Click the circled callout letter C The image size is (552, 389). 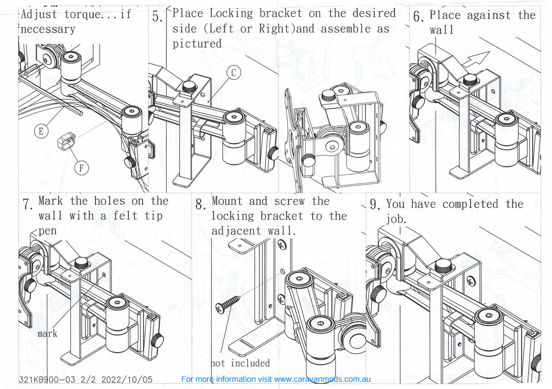click(234, 72)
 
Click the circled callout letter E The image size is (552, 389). click(41, 131)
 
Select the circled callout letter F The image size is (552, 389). click(81, 168)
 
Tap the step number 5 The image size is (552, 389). click(157, 17)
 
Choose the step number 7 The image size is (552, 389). click(27, 204)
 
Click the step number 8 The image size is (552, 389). click(201, 204)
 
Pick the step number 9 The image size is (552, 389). click(375, 204)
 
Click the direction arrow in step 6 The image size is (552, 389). click(476, 59)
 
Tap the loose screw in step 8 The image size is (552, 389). click(228, 304)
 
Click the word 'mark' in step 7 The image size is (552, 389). click(47, 334)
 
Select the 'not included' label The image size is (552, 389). click(241, 363)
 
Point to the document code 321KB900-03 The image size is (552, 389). click(47, 379)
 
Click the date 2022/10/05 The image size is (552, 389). click(127, 379)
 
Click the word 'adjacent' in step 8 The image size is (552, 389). click(236, 231)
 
